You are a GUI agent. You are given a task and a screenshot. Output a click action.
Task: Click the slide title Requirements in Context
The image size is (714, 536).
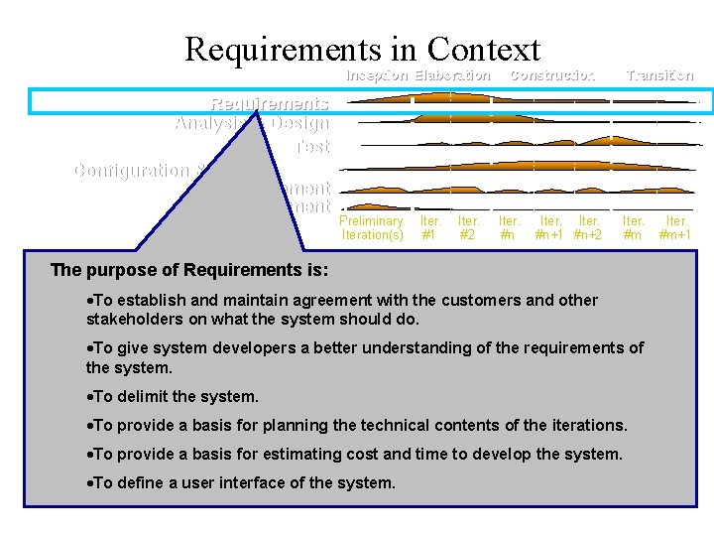(x=362, y=49)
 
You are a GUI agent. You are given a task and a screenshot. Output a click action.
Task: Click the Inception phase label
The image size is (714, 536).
(x=376, y=75)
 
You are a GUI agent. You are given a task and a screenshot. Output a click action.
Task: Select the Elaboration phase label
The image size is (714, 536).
(x=452, y=75)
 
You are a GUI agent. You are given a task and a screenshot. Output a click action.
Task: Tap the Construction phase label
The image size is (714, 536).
(x=551, y=75)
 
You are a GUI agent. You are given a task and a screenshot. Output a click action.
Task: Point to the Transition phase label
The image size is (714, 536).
(x=659, y=75)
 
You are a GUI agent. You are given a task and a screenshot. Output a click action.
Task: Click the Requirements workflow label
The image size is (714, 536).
(x=269, y=103)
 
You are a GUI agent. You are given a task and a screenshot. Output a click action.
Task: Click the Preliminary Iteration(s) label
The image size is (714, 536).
(x=372, y=228)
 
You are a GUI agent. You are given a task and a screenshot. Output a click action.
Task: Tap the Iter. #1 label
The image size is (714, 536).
(x=430, y=228)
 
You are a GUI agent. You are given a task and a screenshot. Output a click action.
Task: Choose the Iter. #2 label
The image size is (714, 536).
(x=468, y=228)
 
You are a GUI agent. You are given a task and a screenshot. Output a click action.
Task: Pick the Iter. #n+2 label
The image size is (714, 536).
(x=589, y=228)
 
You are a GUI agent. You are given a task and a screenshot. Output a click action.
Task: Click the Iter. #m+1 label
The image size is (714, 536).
(x=677, y=228)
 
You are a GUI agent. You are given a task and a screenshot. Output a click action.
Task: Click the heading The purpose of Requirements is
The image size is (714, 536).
(x=189, y=270)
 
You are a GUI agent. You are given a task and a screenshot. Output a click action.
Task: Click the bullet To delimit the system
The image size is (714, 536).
(x=173, y=396)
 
